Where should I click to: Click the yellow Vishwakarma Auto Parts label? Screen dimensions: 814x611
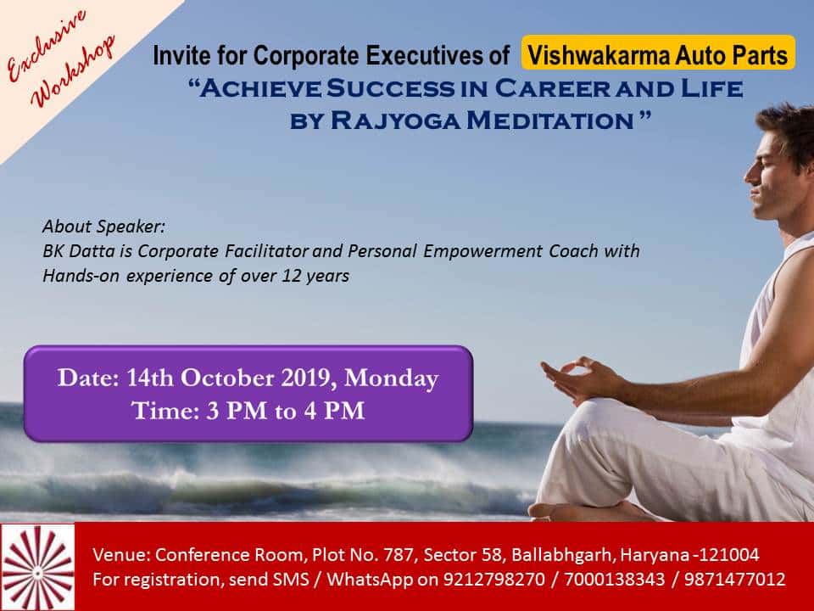pyautogui.click(x=658, y=53)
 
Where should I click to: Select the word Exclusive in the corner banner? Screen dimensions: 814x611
pyautogui.click(x=46, y=45)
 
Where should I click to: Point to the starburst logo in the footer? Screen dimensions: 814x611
pyautogui.click(x=37, y=567)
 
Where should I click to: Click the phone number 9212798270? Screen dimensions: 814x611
pyautogui.click(x=493, y=579)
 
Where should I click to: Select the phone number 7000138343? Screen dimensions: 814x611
pyautogui.click(x=614, y=579)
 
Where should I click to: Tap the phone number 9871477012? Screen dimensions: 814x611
pyautogui.click(x=734, y=579)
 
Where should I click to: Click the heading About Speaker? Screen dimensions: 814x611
pyautogui.click(x=103, y=227)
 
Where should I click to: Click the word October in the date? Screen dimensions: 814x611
pyautogui.click(x=227, y=378)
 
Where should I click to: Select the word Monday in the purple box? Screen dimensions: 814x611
pyautogui.click(x=391, y=378)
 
